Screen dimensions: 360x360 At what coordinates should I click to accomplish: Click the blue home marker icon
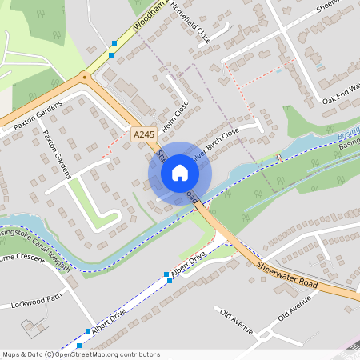180,173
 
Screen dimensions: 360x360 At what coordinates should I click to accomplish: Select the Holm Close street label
174,116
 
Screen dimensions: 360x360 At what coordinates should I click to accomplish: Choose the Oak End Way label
341,91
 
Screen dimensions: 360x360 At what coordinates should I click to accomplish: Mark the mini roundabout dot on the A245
84,78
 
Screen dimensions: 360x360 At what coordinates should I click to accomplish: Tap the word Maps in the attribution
10,354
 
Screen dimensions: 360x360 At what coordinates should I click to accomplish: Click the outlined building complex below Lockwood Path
36,327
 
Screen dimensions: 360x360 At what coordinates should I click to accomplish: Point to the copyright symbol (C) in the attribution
49,354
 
